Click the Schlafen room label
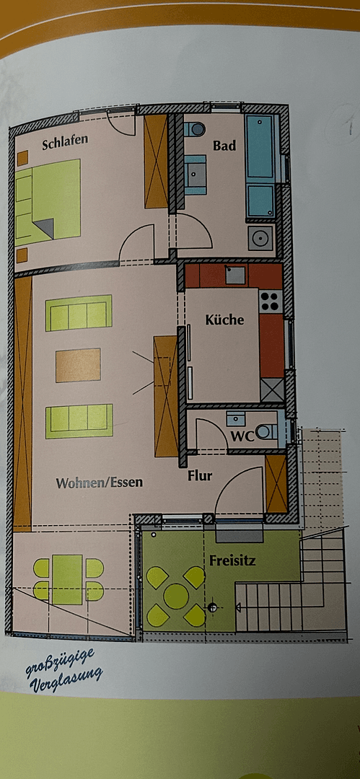click(x=65, y=142)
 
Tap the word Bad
click(x=224, y=146)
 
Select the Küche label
click(x=224, y=320)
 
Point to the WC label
click(x=240, y=436)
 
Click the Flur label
click(x=199, y=476)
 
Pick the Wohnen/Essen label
click(x=100, y=483)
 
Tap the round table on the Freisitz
click(x=176, y=596)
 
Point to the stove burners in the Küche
click(x=270, y=301)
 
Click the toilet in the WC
click(x=266, y=431)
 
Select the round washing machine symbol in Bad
click(x=260, y=237)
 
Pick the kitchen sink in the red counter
click(x=234, y=274)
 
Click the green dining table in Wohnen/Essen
click(x=68, y=579)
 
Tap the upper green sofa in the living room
click(x=79, y=313)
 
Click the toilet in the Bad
click(x=195, y=130)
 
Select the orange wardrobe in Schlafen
click(x=156, y=161)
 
